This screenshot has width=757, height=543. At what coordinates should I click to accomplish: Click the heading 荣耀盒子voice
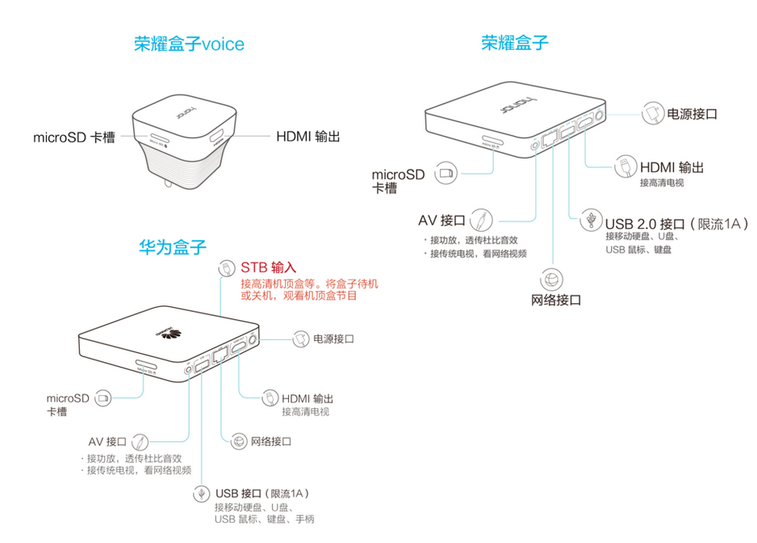coord(189,44)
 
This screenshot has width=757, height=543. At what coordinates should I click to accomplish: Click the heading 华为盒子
coord(172,246)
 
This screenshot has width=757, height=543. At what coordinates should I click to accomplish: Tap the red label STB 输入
coord(269,267)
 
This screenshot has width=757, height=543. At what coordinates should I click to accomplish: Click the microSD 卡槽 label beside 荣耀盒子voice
coord(74,137)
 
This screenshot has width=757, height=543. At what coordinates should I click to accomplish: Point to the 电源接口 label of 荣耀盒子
coord(692,114)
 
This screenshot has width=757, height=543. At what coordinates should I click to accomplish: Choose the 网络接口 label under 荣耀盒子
coord(556,301)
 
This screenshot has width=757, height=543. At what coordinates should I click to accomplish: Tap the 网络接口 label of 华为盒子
coord(270,441)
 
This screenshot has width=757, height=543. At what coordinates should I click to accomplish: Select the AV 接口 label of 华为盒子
coord(107,442)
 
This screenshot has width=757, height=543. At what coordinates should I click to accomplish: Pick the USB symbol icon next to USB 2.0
coord(592,220)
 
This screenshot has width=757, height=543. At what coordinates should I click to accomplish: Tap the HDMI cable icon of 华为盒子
coord(269,399)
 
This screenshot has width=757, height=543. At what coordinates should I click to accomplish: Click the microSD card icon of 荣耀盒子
coord(445,173)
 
